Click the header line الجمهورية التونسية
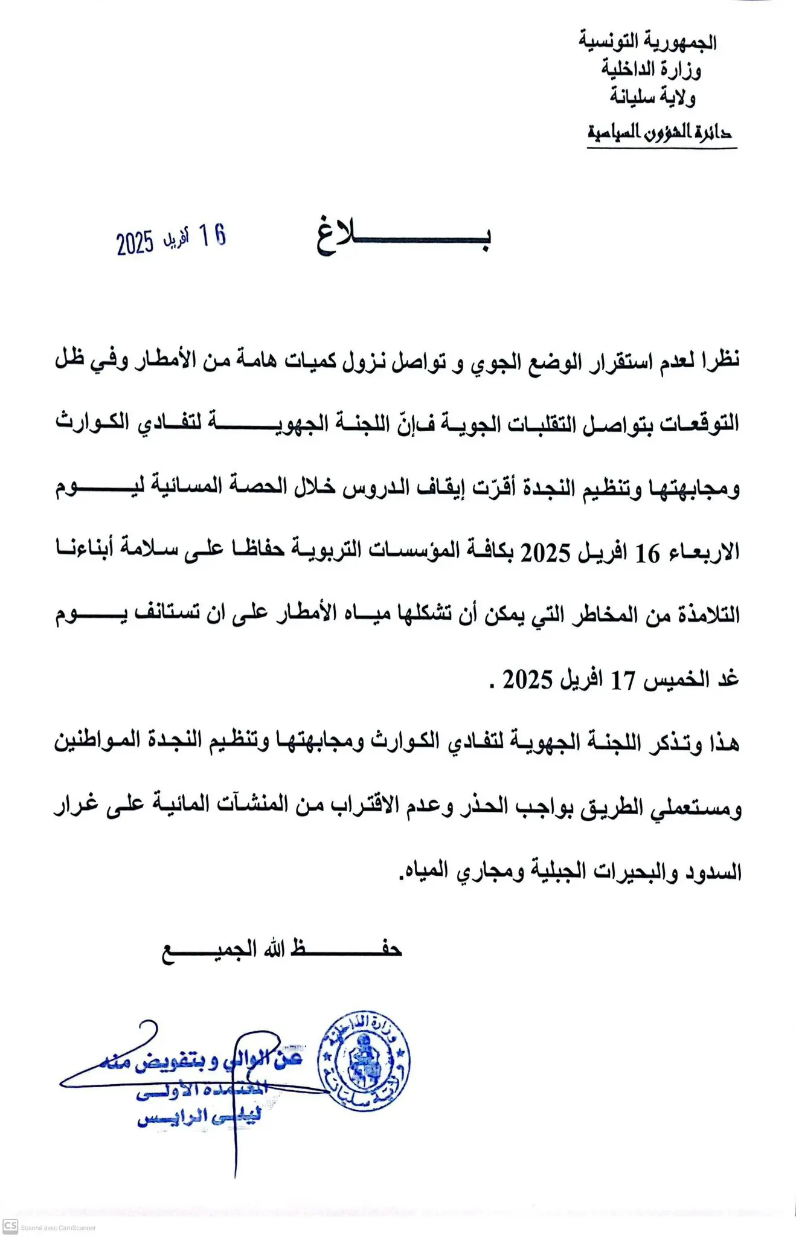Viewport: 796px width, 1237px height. click(647, 42)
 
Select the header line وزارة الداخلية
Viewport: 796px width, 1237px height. click(651, 69)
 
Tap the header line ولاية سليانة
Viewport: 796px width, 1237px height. click(652, 97)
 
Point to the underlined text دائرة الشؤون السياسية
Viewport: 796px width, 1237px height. click(660, 132)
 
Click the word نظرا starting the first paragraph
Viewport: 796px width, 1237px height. click(718, 361)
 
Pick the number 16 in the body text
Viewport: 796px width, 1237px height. click(647, 553)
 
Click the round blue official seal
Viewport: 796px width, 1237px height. click(364, 1062)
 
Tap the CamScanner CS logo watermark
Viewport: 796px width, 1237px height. click(10, 1226)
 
